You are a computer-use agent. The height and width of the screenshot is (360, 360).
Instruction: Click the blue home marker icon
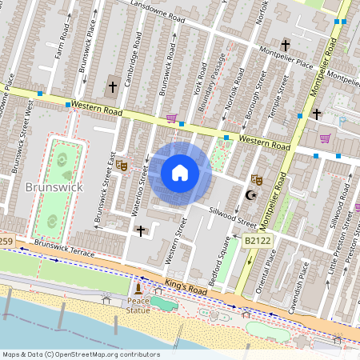click(180, 173)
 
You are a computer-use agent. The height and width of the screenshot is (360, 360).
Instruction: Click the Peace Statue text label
click(138, 306)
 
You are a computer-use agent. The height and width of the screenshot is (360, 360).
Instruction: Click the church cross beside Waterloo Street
click(141, 230)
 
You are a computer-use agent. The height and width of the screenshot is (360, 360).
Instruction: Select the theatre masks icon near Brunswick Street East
click(122, 166)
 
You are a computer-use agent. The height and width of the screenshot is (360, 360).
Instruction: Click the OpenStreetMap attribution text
click(80, 354)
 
